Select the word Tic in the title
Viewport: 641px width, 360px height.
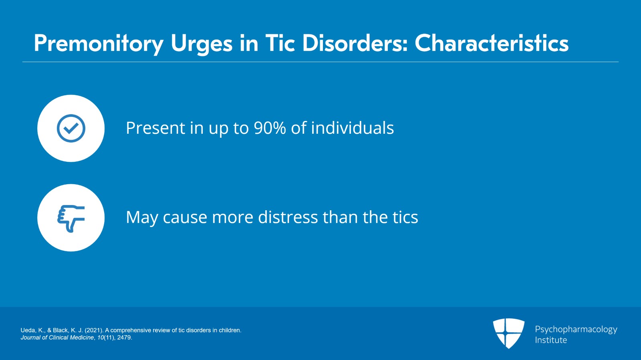click(x=280, y=43)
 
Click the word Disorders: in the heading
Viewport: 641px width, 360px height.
click(x=355, y=43)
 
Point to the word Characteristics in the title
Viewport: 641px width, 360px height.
click(x=492, y=43)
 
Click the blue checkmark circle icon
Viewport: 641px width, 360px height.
click(x=71, y=129)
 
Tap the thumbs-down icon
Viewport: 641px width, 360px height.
click(x=71, y=218)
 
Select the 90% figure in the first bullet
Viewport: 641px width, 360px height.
click(x=270, y=128)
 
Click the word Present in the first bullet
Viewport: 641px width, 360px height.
click(x=155, y=128)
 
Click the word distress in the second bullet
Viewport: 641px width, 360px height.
click(x=288, y=217)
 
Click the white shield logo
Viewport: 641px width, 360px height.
click(x=508, y=333)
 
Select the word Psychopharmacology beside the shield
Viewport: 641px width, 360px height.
click(x=576, y=330)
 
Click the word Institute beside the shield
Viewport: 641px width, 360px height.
click(x=551, y=340)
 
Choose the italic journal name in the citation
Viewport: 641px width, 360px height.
click(x=57, y=338)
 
